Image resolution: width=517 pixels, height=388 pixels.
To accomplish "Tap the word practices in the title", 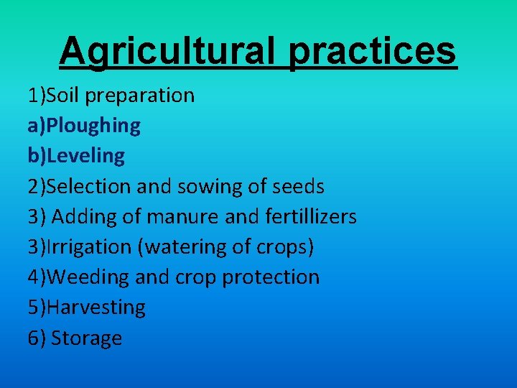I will [x=373, y=51].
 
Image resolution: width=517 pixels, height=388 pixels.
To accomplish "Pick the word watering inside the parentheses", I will [x=183, y=246].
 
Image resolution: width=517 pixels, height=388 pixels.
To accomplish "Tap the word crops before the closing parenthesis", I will [x=283, y=246].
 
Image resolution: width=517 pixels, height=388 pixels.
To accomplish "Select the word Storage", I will [x=86, y=338].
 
